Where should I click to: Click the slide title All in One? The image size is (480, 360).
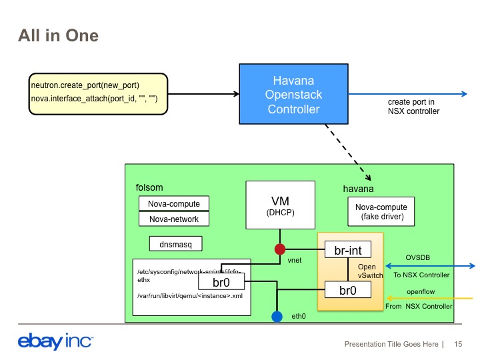click(58, 35)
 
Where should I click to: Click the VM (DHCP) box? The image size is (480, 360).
click(280, 205)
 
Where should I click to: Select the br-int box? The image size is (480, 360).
click(347, 251)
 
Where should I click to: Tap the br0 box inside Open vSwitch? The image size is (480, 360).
click(347, 290)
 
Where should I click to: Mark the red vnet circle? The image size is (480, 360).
click(280, 249)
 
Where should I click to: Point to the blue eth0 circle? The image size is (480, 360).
click(277, 316)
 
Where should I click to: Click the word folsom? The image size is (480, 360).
click(149, 188)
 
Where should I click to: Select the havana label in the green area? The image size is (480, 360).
click(358, 189)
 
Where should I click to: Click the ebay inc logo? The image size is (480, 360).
click(55, 343)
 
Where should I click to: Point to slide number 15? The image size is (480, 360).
click(458, 345)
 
